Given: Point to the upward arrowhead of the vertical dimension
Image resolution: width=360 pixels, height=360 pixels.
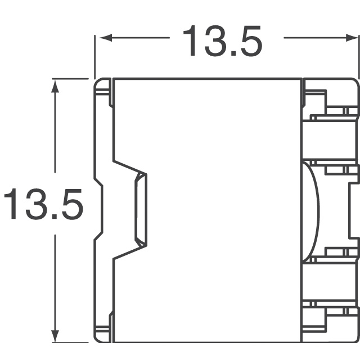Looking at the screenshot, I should click(x=55, y=84).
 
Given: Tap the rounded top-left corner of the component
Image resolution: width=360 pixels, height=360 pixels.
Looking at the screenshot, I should click(x=99, y=84).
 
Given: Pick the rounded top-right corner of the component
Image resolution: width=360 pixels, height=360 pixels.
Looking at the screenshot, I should click(x=354, y=84).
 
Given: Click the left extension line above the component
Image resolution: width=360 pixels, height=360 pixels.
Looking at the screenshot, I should click(x=94, y=56).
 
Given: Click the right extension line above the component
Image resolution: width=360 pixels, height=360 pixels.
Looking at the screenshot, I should click(x=358, y=56).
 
